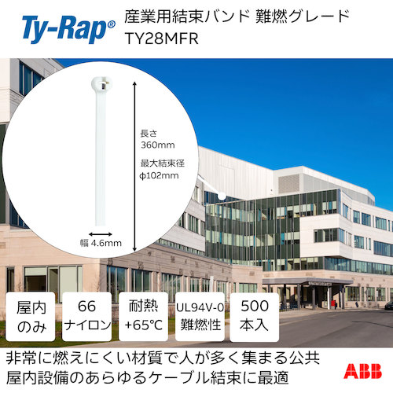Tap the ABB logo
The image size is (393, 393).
click(x=365, y=371)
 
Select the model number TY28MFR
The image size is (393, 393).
click(x=160, y=39)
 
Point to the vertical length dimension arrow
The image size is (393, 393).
click(x=135, y=157)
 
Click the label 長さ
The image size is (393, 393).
click(x=147, y=133)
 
